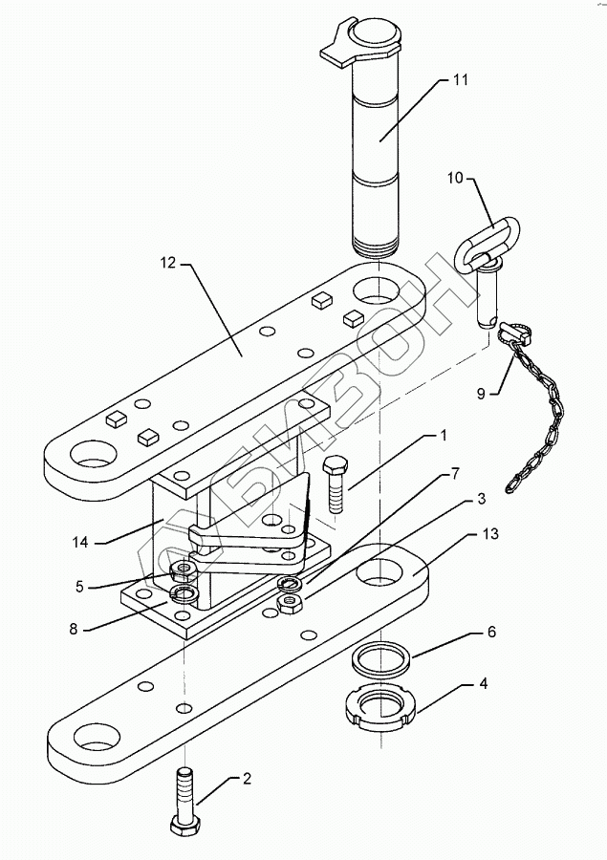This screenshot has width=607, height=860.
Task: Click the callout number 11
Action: tap(461, 79)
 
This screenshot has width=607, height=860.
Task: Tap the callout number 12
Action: tap(168, 263)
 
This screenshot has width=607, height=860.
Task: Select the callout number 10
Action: tap(456, 178)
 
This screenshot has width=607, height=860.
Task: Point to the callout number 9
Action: tap(481, 394)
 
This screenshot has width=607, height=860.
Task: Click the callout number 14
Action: tap(80, 543)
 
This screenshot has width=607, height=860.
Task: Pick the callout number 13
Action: tap(490, 533)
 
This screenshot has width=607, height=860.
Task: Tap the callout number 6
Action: tap(491, 632)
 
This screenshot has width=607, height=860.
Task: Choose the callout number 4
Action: tap(483, 684)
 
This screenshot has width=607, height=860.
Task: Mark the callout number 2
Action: tap(247, 779)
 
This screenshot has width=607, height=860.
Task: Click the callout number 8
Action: tap(75, 629)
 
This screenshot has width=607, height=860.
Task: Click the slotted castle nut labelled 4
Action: tap(381, 709)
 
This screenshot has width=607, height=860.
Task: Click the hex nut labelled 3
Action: tap(288, 602)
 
